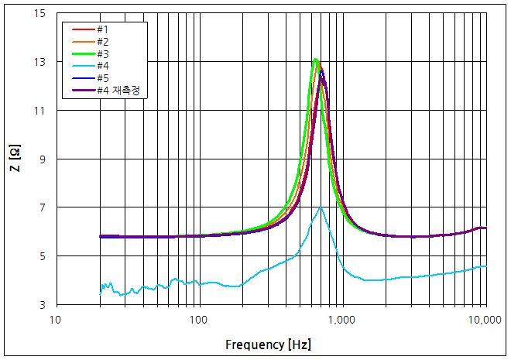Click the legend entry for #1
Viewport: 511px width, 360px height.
click(101, 29)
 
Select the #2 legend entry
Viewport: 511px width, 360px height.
click(101, 41)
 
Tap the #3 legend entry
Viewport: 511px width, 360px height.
click(101, 53)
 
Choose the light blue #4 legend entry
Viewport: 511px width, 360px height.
click(101, 66)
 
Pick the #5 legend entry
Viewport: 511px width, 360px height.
click(101, 78)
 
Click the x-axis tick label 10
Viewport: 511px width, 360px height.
click(55, 319)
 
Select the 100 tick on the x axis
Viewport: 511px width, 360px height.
click(198, 319)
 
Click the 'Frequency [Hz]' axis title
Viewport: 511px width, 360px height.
click(269, 343)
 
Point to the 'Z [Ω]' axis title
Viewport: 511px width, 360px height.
click(15, 159)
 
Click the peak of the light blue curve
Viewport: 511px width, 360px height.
click(321, 207)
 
